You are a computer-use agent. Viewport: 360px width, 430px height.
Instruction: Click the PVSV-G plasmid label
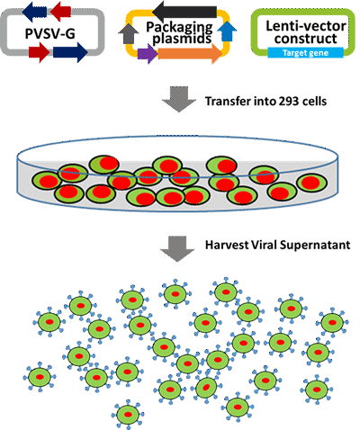coord(50,33)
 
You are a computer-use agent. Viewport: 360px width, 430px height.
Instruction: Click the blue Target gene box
coord(305,53)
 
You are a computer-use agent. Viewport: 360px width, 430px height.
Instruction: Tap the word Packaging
coord(179,28)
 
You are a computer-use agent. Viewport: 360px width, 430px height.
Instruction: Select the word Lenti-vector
coord(306,26)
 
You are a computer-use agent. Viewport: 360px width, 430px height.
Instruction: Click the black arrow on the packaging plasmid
coord(184,12)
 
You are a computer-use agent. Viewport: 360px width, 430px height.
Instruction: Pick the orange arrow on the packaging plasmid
coord(190,53)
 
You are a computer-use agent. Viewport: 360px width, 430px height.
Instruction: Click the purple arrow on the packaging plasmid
coord(148,54)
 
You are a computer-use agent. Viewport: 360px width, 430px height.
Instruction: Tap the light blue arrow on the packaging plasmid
coord(227,31)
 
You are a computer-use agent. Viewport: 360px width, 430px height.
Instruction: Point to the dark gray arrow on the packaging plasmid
coord(129,33)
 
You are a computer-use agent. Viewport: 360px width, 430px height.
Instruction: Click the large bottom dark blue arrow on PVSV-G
coord(70,52)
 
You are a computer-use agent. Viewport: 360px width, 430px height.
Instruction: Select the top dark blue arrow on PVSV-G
coord(34,12)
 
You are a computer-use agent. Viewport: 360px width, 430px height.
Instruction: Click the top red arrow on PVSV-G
coord(60,12)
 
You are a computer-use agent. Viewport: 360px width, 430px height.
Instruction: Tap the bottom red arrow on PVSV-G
coord(39,52)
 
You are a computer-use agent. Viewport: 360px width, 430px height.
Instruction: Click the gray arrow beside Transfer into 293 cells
coord(179,99)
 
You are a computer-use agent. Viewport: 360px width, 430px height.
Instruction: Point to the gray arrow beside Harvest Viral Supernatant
coord(177,248)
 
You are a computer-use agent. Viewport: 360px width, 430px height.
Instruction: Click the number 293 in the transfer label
coord(290,102)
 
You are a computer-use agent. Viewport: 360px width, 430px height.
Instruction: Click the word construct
coord(306,39)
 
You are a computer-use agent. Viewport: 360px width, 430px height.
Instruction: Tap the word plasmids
coord(182,39)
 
